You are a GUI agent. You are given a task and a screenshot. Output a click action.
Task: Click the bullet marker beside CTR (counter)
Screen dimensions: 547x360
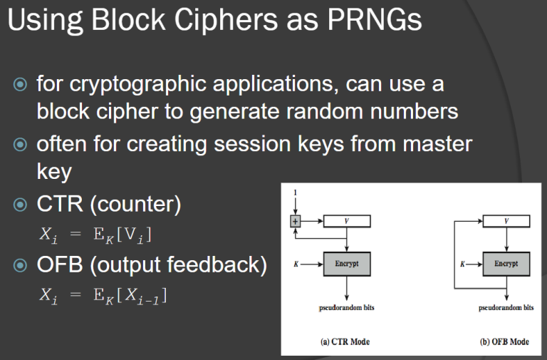coord(20,205)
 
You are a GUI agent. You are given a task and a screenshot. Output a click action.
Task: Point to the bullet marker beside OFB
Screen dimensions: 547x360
coord(20,265)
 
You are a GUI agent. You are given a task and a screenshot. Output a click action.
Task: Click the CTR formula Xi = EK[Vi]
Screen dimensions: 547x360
coord(95,235)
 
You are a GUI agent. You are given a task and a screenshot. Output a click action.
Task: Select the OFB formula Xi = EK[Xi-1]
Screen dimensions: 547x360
coord(103,295)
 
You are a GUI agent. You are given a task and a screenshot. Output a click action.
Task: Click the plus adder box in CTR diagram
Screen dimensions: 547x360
coord(295,222)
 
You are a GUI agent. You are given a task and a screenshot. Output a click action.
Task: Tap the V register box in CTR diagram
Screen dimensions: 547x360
coord(347,222)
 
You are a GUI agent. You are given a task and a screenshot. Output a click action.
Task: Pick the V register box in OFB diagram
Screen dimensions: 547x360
coord(506,222)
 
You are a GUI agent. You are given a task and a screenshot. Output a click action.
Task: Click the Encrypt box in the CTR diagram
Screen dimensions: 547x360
coord(347,264)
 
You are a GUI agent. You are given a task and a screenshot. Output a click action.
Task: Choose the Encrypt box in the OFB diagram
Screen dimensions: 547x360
coord(506,264)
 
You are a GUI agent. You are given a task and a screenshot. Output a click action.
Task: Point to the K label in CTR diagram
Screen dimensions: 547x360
coord(296,264)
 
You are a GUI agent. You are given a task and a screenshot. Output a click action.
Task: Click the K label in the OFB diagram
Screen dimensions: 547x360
coord(462,264)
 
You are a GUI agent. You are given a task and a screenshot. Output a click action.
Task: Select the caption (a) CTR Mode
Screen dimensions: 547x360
coord(345,341)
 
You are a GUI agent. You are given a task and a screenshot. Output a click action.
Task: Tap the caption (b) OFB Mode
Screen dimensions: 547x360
coord(504,341)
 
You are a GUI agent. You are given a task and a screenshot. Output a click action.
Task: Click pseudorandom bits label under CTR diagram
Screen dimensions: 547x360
coord(346,308)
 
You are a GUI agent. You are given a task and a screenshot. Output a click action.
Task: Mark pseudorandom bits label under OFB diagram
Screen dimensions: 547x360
coord(506,308)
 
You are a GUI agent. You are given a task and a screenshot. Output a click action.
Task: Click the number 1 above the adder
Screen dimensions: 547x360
coord(295,192)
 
